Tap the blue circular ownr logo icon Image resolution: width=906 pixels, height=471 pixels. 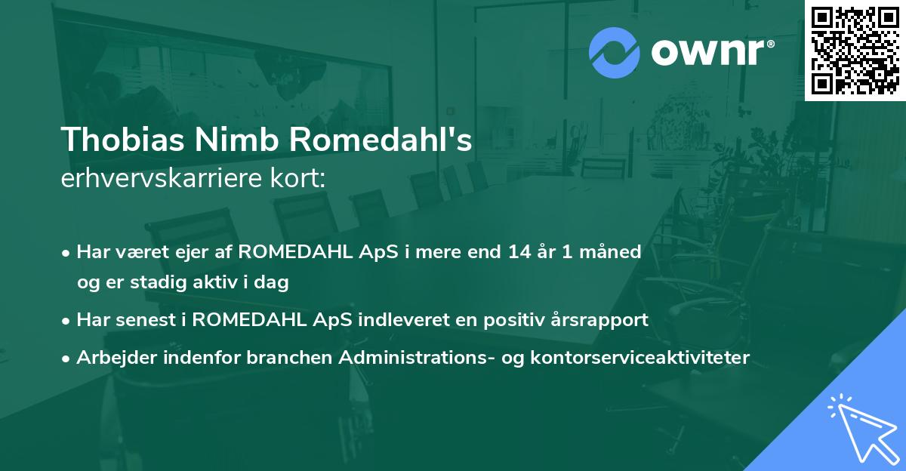tap(614, 52)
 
